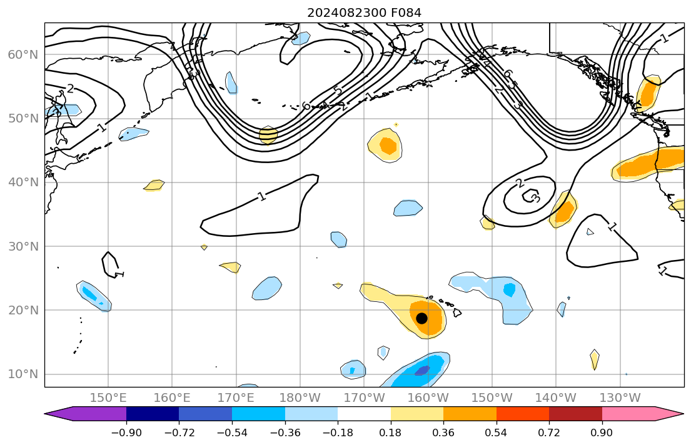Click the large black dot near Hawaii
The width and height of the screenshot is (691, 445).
point(421,317)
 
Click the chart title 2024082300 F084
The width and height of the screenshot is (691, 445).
point(368,13)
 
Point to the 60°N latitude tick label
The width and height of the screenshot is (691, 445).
point(23,55)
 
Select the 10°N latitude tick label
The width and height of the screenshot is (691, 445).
point(23,374)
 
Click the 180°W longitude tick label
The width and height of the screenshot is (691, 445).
point(300,398)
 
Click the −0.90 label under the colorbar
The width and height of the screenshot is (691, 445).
point(126,432)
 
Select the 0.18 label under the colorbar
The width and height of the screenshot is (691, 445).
point(391,432)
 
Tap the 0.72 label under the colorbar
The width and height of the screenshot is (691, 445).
point(549,432)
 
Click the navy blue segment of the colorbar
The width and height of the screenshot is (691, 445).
point(153,414)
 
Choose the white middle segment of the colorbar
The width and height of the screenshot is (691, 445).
point(364,414)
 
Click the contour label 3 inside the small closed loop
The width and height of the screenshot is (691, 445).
point(535,199)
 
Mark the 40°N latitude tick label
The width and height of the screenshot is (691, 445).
point(23,182)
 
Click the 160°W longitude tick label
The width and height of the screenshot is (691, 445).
point(428,398)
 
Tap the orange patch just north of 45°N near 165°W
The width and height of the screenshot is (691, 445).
point(388,146)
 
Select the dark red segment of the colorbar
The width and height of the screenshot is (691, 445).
point(575,414)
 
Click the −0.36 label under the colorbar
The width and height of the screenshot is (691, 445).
point(285,432)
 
